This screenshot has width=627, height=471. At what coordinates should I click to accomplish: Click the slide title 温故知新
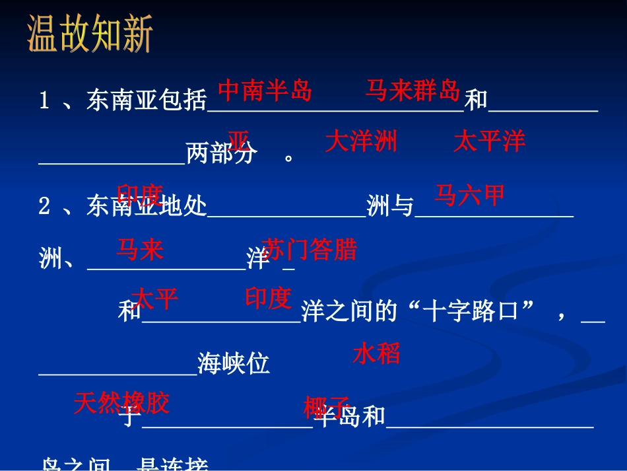pyautogui.click(x=90, y=35)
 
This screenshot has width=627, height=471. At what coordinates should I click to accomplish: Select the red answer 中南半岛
pyautogui.click(x=264, y=91)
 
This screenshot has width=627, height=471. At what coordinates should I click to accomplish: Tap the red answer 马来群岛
pyautogui.click(x=412, y=91)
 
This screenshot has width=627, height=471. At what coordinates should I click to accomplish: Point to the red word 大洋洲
pyautogui.click(x=361, y=141)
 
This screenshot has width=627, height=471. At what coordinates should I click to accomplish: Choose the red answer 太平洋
pyautogui.click(x=489, y=141)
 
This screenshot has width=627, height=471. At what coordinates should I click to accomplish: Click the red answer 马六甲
pyautogui.click(x=470, y=195)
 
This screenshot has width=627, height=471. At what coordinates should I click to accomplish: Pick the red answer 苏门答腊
pyautogui.click(x=309, y=250)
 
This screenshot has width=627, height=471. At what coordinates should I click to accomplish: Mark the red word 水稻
pyautogui.click(x=377, y=354)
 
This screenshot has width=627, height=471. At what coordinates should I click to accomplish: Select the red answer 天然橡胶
pyautogui.click(x=121, y=402)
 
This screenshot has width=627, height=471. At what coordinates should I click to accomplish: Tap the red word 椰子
pyautogui.click(x=326, y=407)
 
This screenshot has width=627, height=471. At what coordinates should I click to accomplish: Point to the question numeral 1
pyautogui.click(x=45, y=101)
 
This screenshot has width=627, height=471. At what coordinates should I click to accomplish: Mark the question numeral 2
pyautogui.click(x=45, y=207)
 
